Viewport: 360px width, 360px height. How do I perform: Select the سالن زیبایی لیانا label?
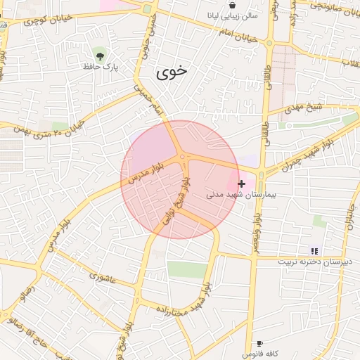[233, 15]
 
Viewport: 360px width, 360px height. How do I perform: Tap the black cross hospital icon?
[242, 184]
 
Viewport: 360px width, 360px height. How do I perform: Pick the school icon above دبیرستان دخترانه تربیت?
[314, 250]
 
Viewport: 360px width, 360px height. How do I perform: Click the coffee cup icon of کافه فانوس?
[260, 343]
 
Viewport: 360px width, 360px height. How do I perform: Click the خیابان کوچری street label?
[42, 19]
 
